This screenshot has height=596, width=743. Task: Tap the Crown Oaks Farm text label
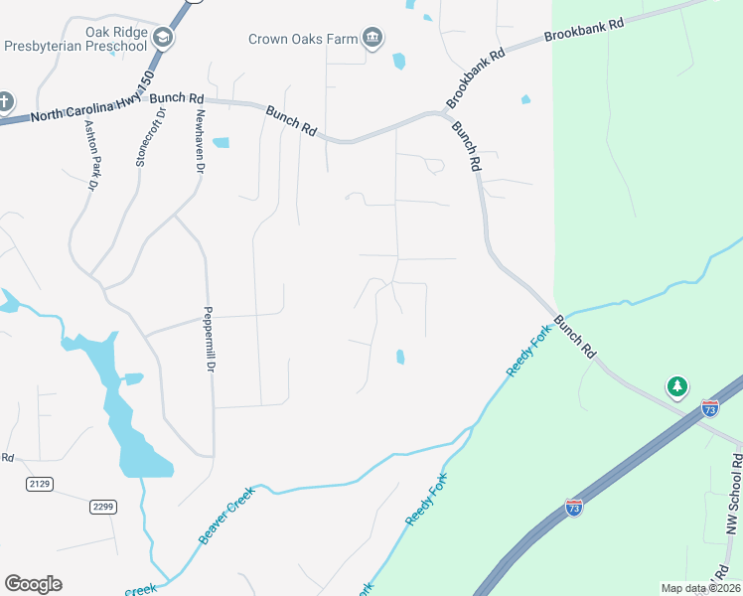point(302,39)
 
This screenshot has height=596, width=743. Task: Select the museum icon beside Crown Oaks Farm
point(371,39)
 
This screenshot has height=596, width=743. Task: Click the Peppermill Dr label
point(210,339)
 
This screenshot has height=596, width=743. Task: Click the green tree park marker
point(676,385)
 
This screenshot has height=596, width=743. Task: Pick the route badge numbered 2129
point(40,484)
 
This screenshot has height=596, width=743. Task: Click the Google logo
point(33,584)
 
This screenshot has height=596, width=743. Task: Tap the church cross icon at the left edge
point(5,101)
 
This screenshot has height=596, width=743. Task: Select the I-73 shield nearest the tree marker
point(709,407)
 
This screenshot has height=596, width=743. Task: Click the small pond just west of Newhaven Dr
point(221,142)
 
